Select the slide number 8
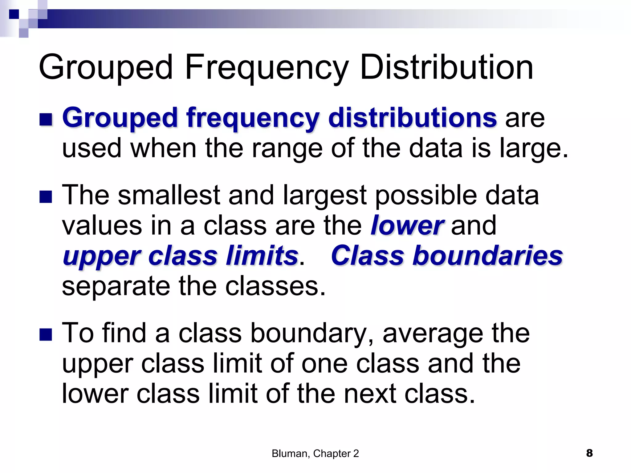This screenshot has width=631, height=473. (589, 453)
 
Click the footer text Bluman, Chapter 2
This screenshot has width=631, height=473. (315, 454)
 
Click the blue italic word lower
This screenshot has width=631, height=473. (407, 226)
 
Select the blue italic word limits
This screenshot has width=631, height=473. (262, 256)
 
